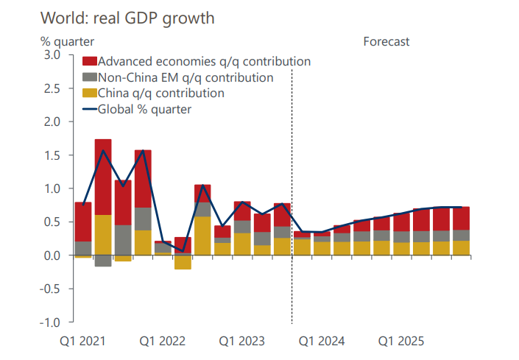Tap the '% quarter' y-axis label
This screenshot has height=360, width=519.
pyautogui.click(x=67, y=41)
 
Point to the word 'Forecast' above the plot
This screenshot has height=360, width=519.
pyautogui.click(x=386, y=41)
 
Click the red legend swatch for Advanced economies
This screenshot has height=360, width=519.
pyautogui.click(x=89, y=61)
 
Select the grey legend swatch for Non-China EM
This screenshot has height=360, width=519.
pyautogui.click(x=89, y=77)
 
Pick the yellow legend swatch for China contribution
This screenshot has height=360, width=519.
pyautogui.click(x=89, y=93)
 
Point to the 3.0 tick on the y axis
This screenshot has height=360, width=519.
pyautogui.click(x=52, y=55)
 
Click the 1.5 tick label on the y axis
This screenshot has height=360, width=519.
pyautogui.click(x=52, y=155)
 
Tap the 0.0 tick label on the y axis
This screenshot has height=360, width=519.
pyautogui.click(x=52, y=255)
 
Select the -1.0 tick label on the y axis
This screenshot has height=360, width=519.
pyautogui.click(x=51, y=322)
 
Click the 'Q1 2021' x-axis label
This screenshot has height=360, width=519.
pyautogui.click(x=84, y=342)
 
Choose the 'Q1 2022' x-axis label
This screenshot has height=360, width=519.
pyautogui.click(x=163, y=342)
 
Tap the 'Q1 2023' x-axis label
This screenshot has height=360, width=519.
pyautogui.click(x=242, y=342)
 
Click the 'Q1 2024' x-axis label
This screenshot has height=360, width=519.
pyautogui.click(x=322, y=342)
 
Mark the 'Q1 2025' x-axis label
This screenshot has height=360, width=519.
pyautogui.click(x=401, y=342)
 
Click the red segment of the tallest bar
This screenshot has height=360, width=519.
pyautogui.click(x=103, y=177)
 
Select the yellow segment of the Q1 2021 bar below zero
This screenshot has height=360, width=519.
pyautogui.click(x=83, y=257)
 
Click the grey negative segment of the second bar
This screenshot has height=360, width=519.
pyautogui.click(x=103, y=261)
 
